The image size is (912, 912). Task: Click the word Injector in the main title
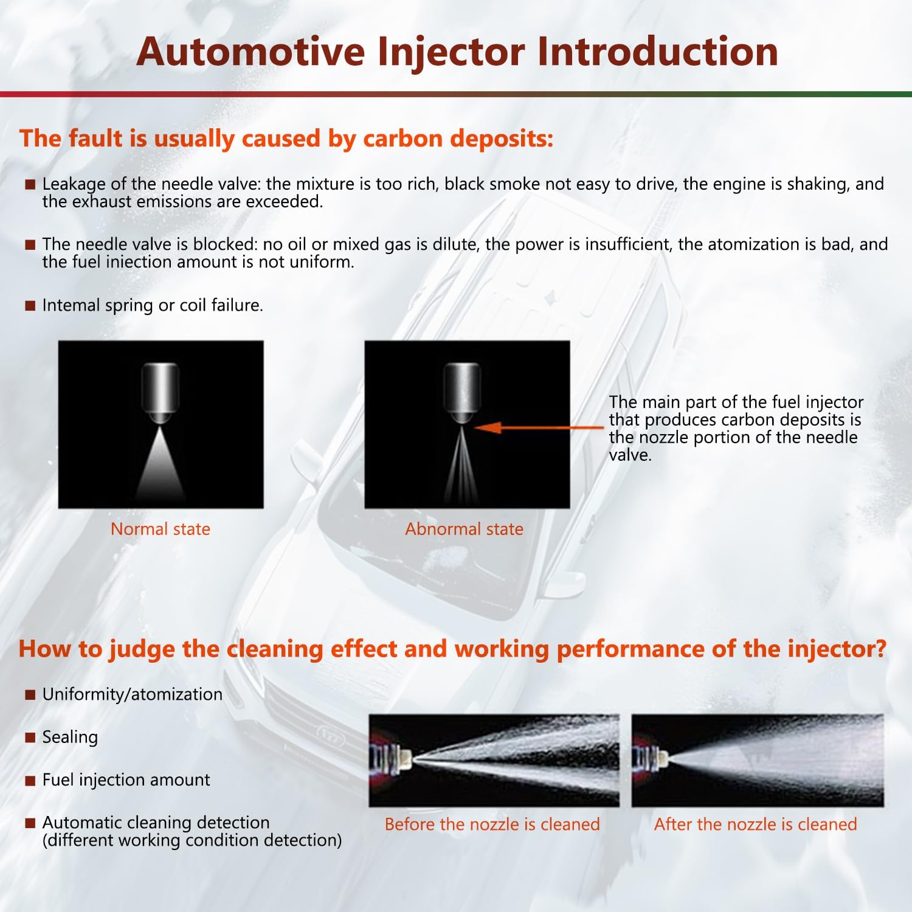point(451,52)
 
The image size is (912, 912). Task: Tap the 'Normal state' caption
point(161,529)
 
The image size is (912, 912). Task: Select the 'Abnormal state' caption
point(465,529)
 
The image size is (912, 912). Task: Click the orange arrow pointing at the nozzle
point(539,427)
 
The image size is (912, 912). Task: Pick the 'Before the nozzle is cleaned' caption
point(492,824)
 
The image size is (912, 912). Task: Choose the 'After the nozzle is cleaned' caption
point(756,824)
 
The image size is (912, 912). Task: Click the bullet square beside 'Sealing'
point(30,738)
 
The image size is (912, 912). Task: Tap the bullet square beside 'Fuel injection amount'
point(30,781)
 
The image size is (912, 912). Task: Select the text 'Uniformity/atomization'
point(133,694)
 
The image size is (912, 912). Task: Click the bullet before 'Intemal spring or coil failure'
point(30,306)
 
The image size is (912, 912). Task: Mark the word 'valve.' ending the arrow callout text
point(630,455)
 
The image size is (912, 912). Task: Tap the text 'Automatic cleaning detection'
point(156,823)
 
